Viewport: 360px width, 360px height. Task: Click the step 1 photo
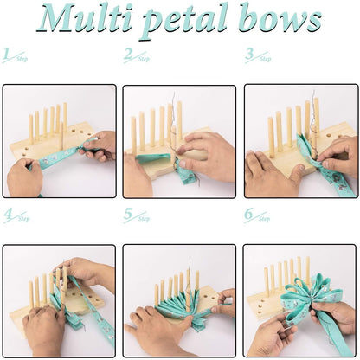[x=59, y=140]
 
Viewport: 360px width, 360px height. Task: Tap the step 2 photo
[x=179, y=140]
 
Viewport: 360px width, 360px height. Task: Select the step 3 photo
[x=300, y=140]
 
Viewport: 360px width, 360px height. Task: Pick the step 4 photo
[x=59, y=300]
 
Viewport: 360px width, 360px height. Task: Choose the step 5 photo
[x=179, y=300]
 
